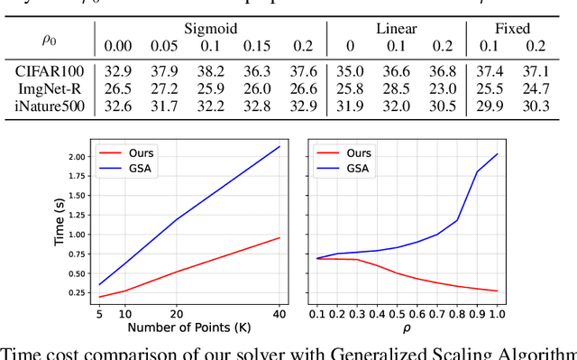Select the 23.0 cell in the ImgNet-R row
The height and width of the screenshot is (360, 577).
click(x=444, y=88)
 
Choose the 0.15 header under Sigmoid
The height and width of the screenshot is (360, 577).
click(x=257, y=46)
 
